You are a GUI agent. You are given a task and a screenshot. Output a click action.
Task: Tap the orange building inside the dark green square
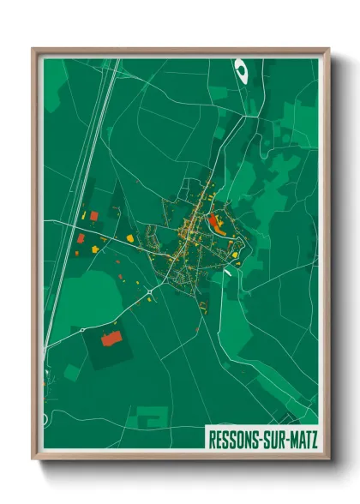click(111, 339)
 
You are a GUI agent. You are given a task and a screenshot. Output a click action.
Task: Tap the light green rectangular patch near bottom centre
click(153, 418)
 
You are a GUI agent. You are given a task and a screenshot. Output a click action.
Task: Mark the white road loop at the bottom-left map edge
click(48, 378)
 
